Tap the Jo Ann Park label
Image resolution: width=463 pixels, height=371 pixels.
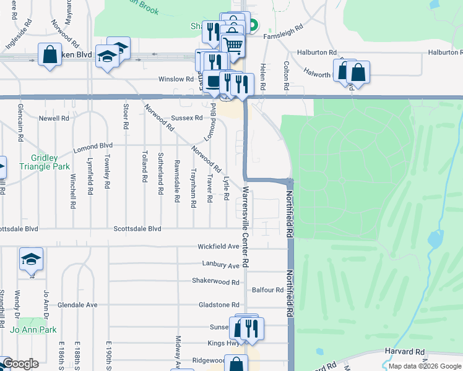coord(37,330)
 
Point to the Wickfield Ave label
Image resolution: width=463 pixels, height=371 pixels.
coord(218,246)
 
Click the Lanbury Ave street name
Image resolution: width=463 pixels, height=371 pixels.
coord(220,265)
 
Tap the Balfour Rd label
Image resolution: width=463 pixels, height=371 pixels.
coord(268,289)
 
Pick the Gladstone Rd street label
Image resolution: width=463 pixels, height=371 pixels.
coord(219,305)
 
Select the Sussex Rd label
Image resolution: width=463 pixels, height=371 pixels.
coord(186,117)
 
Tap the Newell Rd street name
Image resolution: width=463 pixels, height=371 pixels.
coord(53,118)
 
